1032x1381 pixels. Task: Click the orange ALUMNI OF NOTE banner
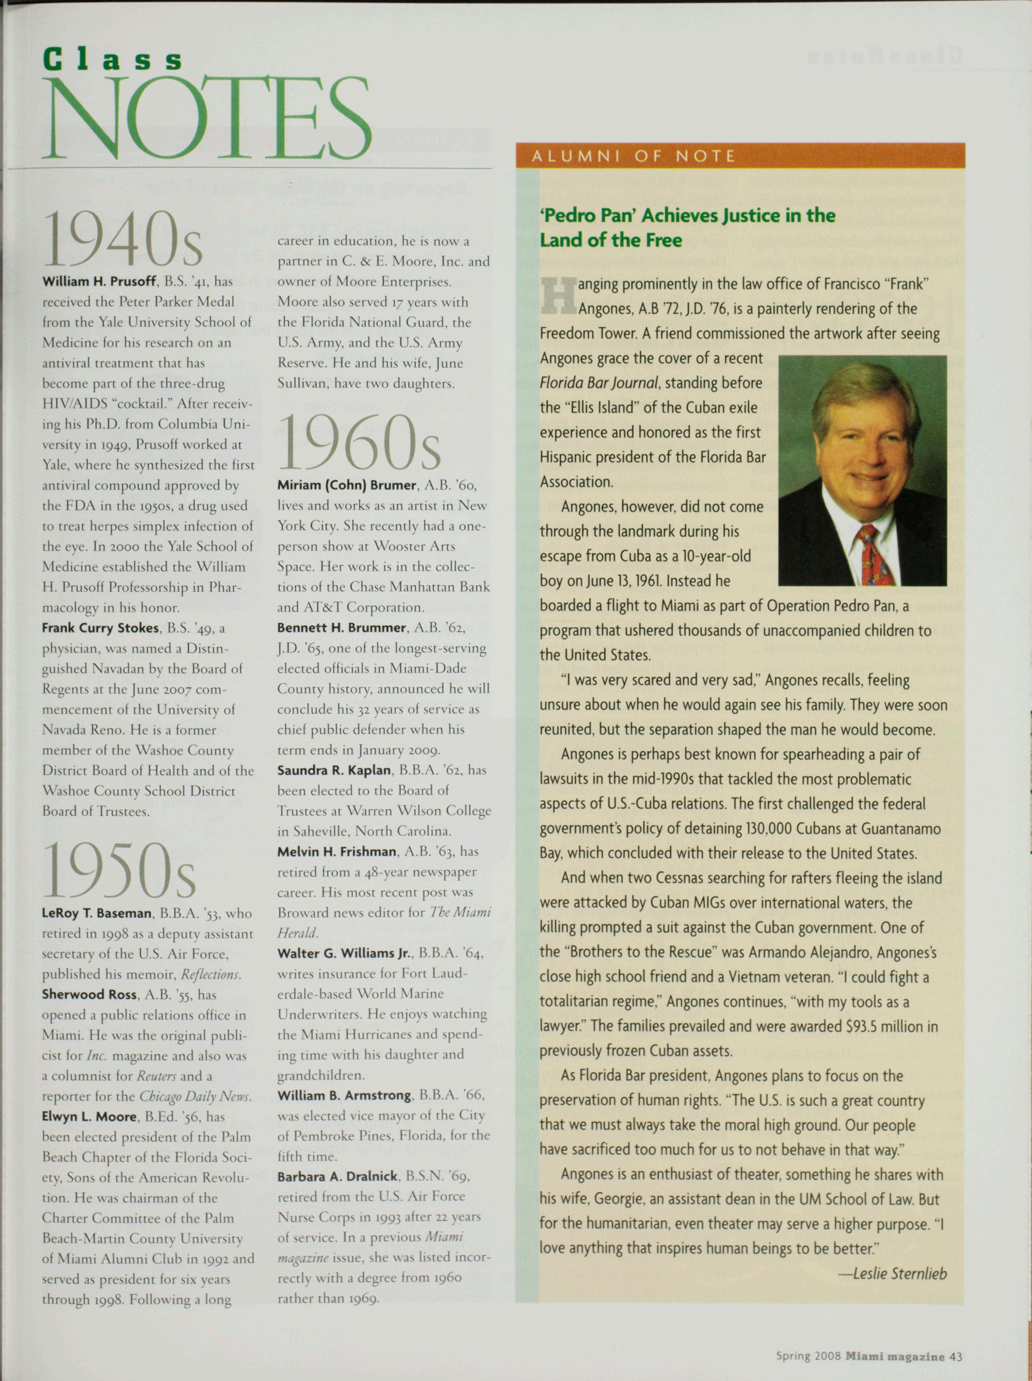(x=740, y=155)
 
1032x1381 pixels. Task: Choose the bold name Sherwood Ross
(x=89, y=995)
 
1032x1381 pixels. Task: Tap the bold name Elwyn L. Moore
(x=89, y=1116)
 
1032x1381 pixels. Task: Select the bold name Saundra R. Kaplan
(x=334, y=771)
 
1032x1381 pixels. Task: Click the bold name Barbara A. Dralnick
(x=337, y=1176)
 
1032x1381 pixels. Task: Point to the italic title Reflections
(x=209, y=975)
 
